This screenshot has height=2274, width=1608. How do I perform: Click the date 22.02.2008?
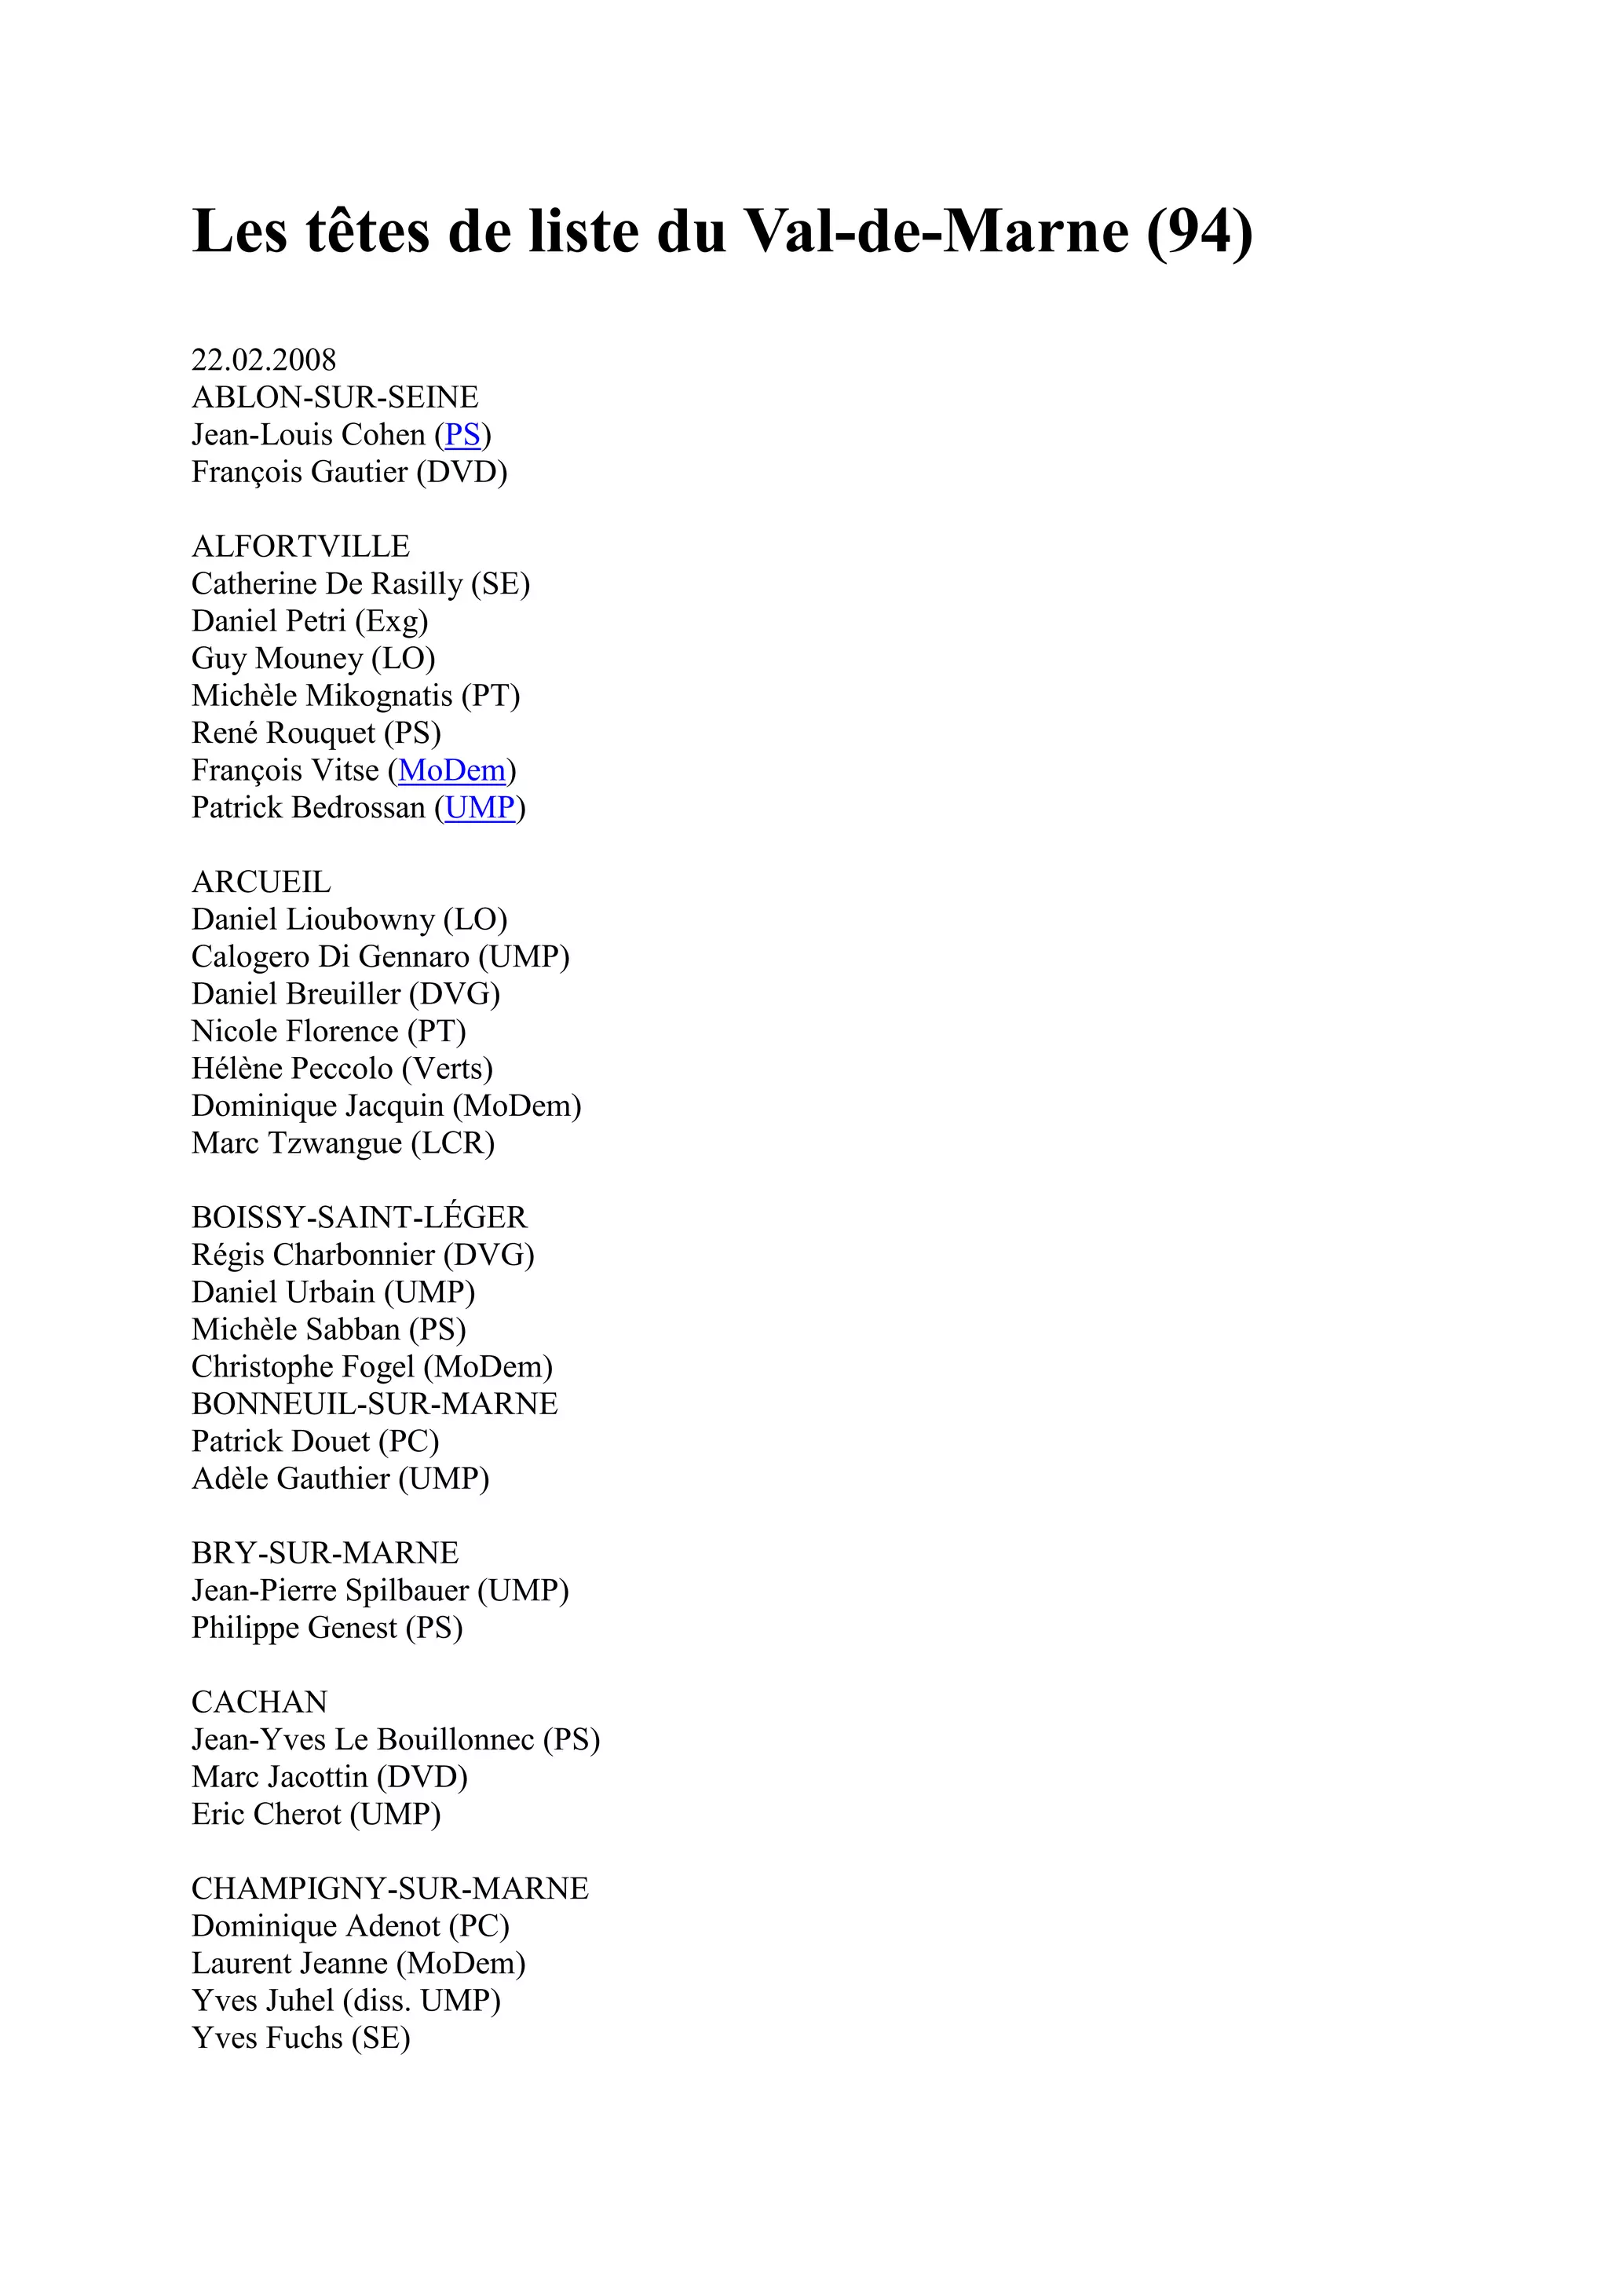[263, 360]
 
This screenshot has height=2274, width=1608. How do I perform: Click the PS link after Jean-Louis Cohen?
[462, 435]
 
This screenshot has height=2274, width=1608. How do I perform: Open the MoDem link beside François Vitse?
[451, 770]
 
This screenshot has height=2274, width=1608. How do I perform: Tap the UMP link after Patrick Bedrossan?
[481, 808]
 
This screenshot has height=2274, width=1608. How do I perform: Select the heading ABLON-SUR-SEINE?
[334, 397]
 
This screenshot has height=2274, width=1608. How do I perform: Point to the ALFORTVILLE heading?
[300, 547]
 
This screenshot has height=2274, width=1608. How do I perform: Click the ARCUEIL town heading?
[261, 883]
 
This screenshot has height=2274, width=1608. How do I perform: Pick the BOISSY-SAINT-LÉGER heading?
[360, 1218]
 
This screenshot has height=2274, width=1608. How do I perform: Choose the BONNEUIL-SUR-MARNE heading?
[375, 1405]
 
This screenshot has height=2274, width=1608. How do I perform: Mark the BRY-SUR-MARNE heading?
[325, 1553]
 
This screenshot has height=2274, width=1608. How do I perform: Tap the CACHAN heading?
[259, 1702]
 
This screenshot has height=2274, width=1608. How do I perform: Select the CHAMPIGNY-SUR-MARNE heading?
[390, 1888]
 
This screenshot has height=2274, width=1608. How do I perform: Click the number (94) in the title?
[1200, 231]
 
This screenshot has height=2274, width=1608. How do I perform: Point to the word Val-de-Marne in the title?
[936, 231]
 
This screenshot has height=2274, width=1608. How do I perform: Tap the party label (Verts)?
[447, 1069]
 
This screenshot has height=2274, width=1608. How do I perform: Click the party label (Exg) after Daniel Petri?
[391, 622]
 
